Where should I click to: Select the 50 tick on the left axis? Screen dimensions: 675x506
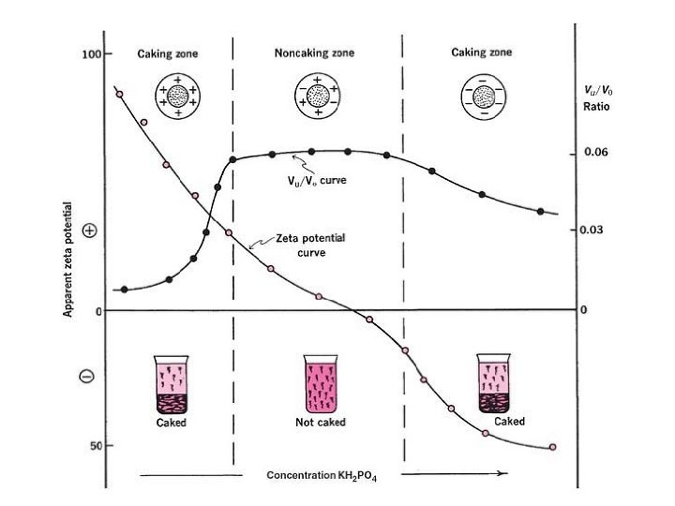[96, 445]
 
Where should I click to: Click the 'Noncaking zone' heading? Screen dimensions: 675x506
[315, 52]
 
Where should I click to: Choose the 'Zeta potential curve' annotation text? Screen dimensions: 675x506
[310, 246]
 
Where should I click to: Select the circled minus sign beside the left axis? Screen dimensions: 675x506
[86, 376]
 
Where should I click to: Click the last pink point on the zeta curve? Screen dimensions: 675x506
[552, 447]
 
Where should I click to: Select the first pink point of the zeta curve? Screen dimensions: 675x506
[119, 94]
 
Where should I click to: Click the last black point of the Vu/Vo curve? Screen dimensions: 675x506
[541, 211]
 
